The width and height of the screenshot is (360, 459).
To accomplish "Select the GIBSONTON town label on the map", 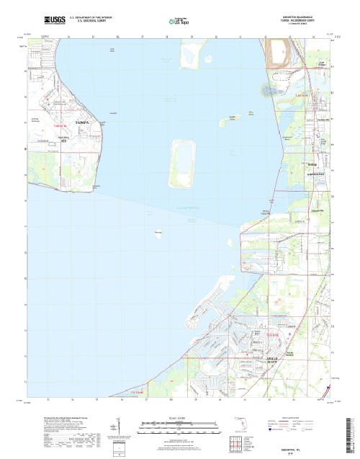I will click(x=318, y=174).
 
